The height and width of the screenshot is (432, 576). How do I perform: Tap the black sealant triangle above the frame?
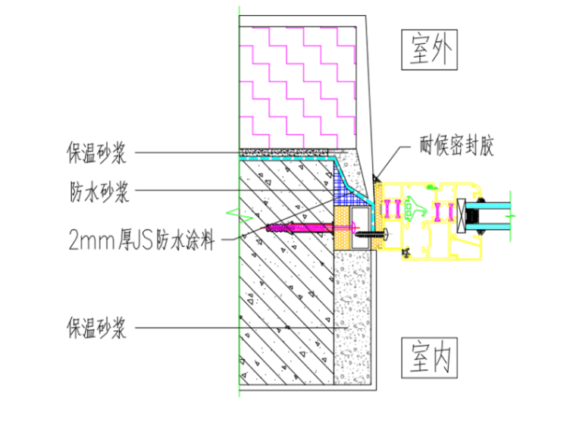[375, 177]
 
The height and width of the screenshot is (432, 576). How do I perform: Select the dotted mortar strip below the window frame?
[353, 318]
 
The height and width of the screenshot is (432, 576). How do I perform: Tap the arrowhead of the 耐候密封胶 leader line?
[377, 177]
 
